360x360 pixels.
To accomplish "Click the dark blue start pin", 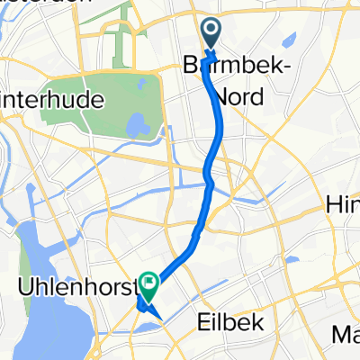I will click(x=210, y=35).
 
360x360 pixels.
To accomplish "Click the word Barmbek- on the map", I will click(x=222, y=67).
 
